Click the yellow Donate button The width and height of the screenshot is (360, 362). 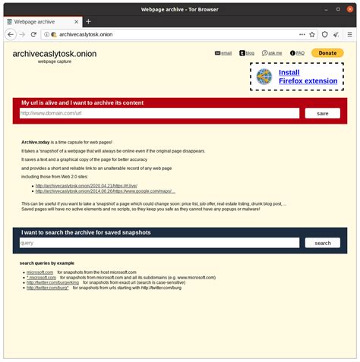[327, 53]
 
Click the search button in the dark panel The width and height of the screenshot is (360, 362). [322, 243]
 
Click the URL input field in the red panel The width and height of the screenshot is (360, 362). [159, 113]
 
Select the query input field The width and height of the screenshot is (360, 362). [159, 243]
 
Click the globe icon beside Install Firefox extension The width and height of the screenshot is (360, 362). [264, 76]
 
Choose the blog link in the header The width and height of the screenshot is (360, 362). [248, 53]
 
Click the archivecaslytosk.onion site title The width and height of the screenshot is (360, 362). [54, 55]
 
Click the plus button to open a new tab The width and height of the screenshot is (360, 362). [88, 21]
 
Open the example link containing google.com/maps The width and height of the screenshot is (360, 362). [106, 191]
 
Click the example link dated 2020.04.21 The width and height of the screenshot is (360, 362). [85, 185]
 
